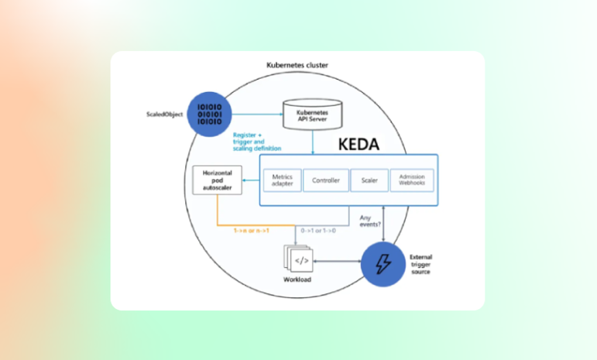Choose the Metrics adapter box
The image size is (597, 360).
(x=281, y=180)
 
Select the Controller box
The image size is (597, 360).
(x=325, y=180)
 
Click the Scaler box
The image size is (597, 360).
(x=369, y=180)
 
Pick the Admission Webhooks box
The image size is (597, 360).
(x=411, y=180)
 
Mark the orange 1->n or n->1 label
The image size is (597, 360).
(x=252, y=230)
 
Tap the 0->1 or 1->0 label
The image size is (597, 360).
(x=318, y=230)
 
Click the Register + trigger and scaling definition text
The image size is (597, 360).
(x=256, y=142)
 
